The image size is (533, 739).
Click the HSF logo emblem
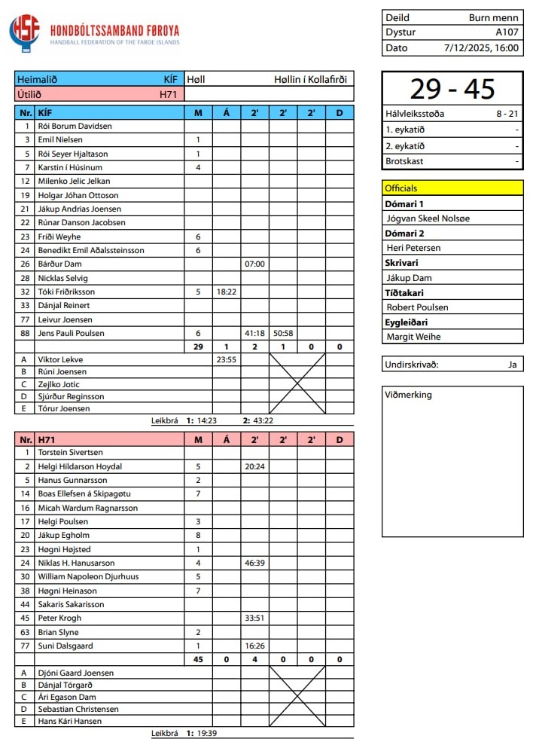click(24, 33)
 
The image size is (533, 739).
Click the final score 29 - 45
click(452, 89)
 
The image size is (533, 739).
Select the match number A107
click(507, 32)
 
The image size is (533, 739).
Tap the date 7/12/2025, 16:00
click(482, 47)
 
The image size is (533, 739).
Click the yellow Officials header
click(452, 188)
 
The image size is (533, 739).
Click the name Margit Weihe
click(413, 337)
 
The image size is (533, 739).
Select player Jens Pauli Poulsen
click(71, 333)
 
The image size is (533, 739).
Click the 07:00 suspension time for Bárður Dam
click(255, 264)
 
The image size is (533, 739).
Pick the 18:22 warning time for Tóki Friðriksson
click(226, 292)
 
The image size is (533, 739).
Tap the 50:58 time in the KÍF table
click(283, 333)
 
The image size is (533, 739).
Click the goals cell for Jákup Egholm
click(198, 535)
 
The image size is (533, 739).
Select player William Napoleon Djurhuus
click(88, 576)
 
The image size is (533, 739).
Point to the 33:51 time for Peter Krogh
click(255, 618)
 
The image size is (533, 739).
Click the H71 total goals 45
click(198, 659)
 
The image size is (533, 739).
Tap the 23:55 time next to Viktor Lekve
click(226, 359)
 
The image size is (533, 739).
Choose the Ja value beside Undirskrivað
click(512, 365)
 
